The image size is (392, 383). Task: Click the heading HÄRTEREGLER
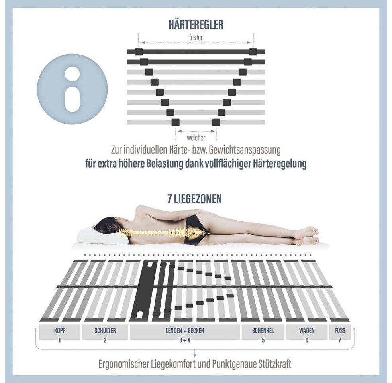coord(196,24)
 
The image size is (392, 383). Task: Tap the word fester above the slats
coord(196,38)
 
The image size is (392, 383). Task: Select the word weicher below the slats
coord(196,138)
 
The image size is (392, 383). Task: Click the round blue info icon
coord(72,89)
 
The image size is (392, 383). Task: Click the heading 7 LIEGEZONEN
coord(194,199)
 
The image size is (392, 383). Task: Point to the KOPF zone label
coord(59,330)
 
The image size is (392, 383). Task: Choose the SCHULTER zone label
coord(105,330)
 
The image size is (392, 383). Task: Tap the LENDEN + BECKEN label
coord(185,330)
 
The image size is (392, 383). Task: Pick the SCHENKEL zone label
coord(263,330)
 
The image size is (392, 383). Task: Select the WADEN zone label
coord(307,330)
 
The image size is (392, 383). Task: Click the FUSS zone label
coord(340,330)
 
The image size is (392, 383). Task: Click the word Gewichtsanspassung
coord(245,150)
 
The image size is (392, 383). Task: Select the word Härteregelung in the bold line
coord(280,164)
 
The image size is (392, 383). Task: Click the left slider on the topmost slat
coord(139,52)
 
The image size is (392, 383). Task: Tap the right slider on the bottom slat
coord(216,122)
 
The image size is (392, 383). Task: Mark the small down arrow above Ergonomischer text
coord(195,353)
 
